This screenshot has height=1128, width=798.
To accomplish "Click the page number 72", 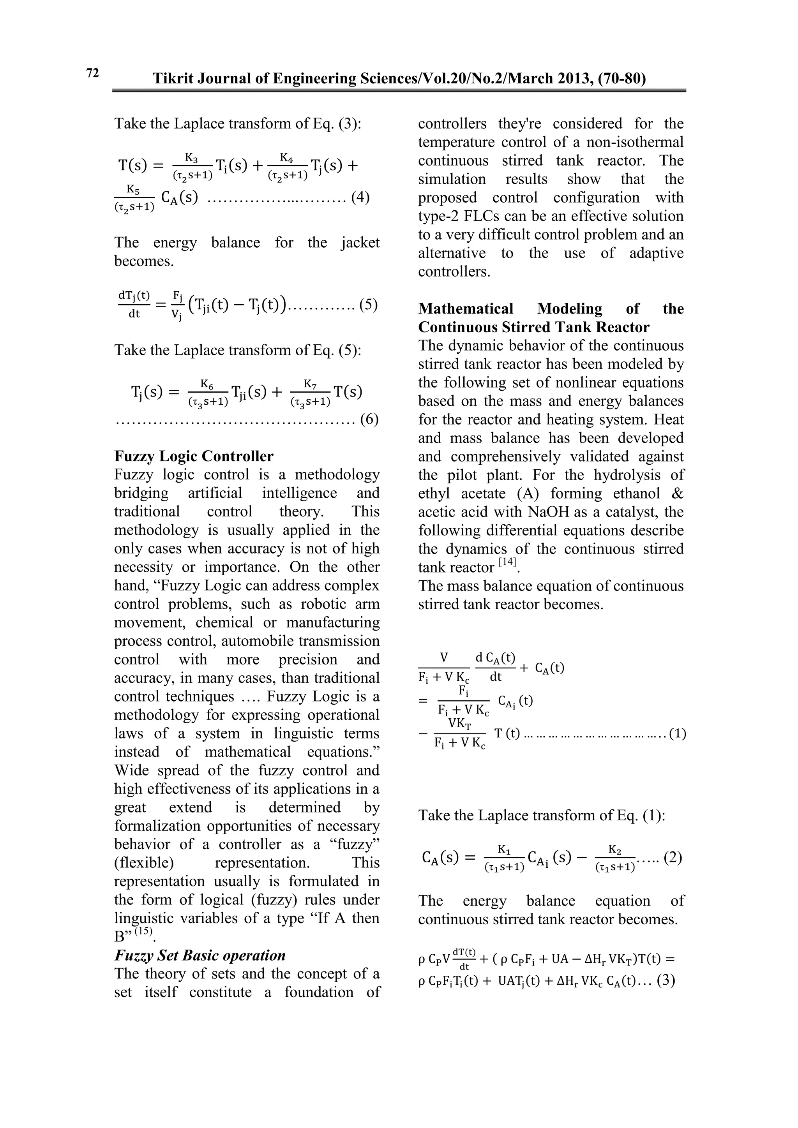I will pos(92,73).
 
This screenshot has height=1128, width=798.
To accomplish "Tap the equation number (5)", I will pos(369,305).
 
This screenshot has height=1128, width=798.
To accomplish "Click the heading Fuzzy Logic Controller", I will pos(194,456).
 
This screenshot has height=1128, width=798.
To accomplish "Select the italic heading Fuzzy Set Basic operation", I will pos(200,955).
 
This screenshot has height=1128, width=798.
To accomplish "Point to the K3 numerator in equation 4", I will pos(192,158).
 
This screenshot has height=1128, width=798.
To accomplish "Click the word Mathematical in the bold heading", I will pos(465,308).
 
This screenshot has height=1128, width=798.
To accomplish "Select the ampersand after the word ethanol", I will pos(677,493).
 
